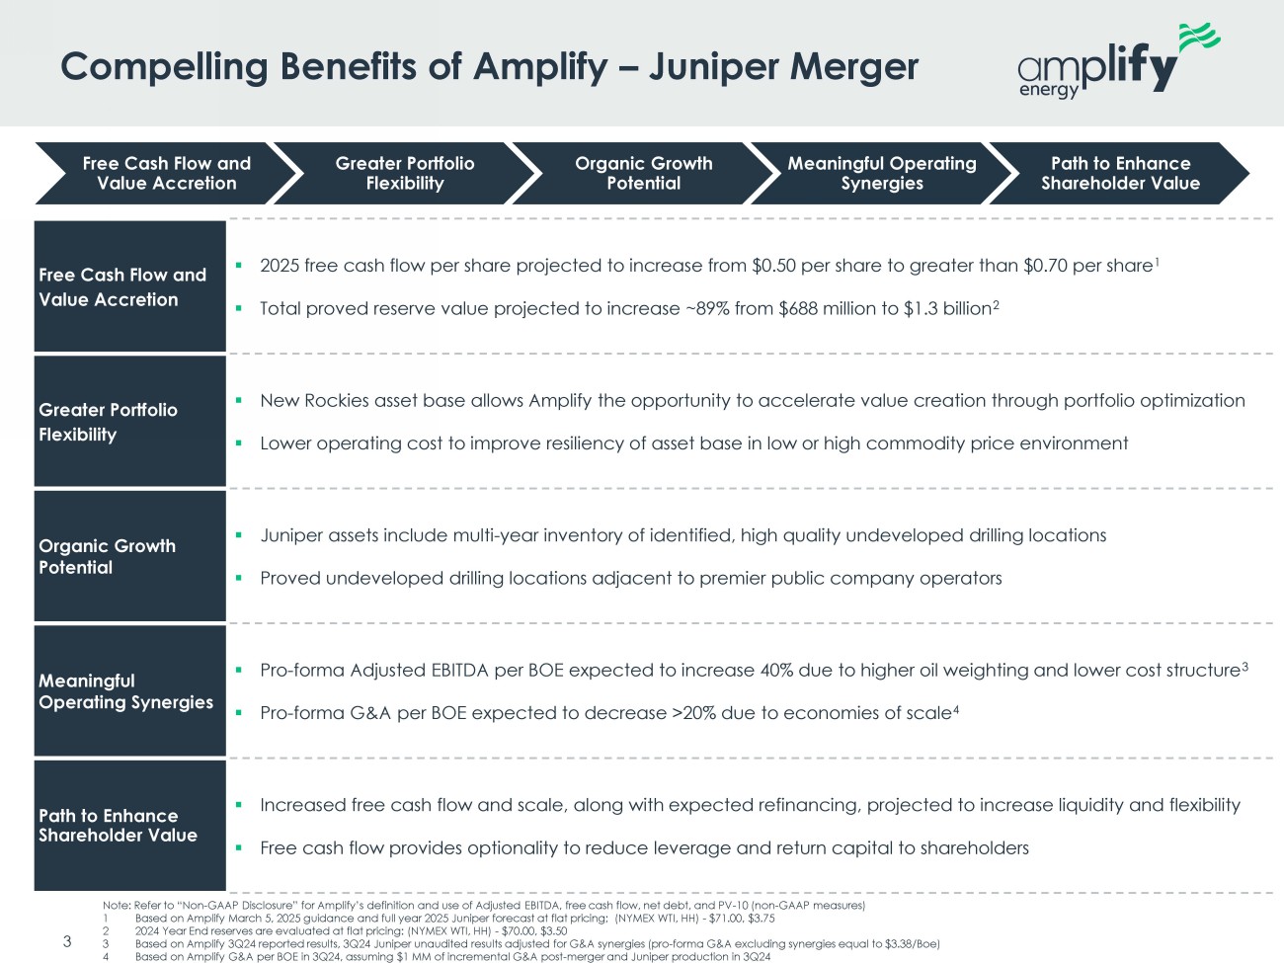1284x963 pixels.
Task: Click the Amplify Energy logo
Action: tap(1118, 61)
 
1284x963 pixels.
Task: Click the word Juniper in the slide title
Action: tap(712, 66)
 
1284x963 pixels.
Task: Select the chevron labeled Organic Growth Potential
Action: tap(643, 173)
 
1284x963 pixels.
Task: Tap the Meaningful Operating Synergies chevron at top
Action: tap(882, 173)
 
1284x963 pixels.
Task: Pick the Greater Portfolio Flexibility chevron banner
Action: tap(405, 173)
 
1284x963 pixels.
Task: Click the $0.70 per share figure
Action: tap(1088, 266)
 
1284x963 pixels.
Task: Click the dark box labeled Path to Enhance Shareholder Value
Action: tap(129, 826)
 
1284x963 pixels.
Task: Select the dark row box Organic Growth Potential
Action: tap(129, 556)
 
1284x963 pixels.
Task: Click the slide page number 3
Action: tap(67, 941)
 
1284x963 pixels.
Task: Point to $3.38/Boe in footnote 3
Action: tap(915, 943)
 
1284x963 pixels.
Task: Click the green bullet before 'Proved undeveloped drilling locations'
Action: tap(239, 578)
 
